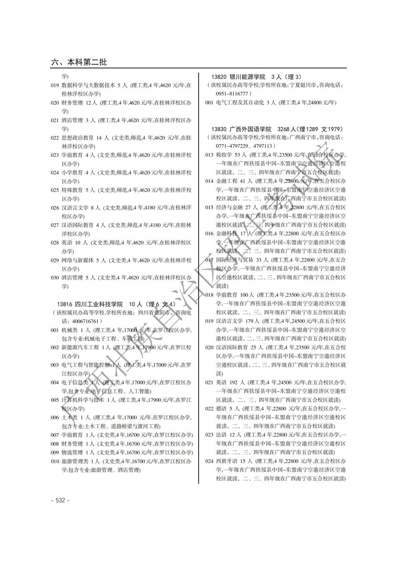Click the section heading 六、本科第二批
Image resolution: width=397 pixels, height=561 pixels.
(x=79, y=62)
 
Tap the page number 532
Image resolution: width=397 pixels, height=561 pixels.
(x=60, y=500)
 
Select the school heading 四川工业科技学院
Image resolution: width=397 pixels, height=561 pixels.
(x=98, y=304)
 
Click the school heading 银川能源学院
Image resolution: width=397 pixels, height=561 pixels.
(x=247, y=77)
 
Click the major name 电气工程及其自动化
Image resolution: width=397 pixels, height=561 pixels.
(x=240, y=103)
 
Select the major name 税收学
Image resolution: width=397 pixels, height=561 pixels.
(x=224, y=155)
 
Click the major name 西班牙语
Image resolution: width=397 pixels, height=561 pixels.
(x=226, y=461)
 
